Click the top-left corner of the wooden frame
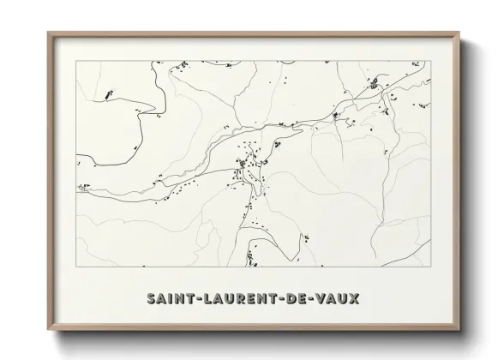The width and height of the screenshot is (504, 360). tap(47, 33)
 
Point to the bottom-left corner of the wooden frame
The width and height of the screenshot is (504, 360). tap(47, 333)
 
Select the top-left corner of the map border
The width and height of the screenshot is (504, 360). tap(76, 61)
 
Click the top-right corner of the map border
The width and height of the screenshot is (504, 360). tap(430, 61)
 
